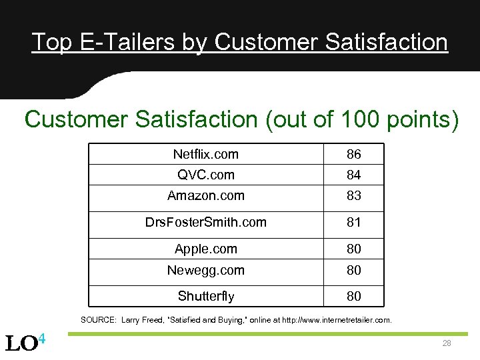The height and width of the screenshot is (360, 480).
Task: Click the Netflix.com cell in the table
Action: point(205,154)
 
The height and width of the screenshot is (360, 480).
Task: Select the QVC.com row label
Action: point(205,175)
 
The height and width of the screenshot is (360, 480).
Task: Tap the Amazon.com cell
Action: point(205,195)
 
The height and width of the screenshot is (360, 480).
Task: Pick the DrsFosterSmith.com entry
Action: point(205,222)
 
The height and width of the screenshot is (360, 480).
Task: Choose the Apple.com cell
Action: point(205,249)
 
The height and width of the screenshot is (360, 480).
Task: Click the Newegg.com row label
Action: point(205,270)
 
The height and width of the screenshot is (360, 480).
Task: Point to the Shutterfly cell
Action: point(205,295)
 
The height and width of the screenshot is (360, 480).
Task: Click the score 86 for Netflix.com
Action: point(353,155)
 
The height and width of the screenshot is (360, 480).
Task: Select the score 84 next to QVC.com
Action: point(353,175)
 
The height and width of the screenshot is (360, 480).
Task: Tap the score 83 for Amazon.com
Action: point(353,196)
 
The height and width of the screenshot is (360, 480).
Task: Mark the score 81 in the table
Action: point(353,223)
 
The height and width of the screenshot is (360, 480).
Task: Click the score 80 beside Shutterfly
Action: point(353,296)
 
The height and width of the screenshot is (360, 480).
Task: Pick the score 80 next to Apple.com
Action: point(353,249)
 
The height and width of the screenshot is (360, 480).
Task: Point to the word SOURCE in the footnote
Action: point(98,320)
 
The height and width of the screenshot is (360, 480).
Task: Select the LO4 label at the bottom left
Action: point(25,343)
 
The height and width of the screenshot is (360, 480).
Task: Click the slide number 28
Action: point(446,343)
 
